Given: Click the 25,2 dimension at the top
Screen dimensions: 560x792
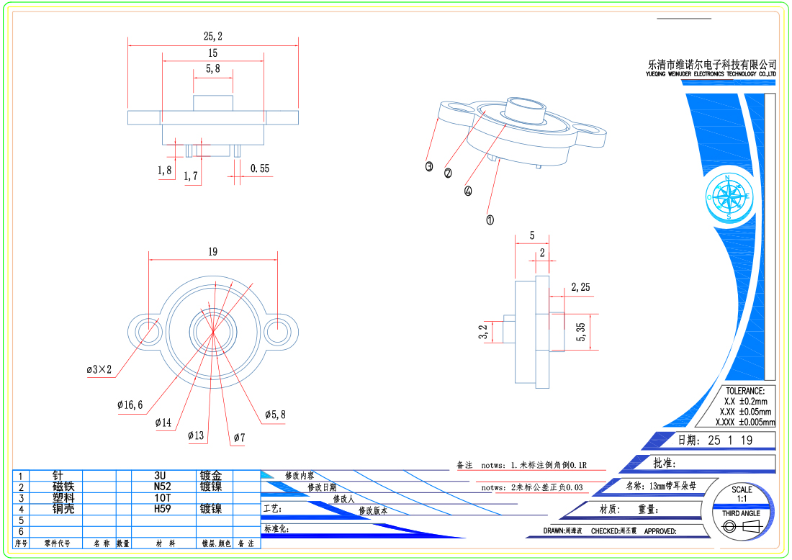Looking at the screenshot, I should (213, 36).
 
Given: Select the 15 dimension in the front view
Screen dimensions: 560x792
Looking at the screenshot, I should (212, 53).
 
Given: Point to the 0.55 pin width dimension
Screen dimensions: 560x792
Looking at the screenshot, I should (260, 168).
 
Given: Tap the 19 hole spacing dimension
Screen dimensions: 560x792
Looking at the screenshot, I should (212, 252).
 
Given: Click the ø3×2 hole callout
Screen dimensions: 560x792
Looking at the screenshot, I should (99, 370).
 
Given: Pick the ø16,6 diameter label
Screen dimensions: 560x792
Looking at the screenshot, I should (130, 405).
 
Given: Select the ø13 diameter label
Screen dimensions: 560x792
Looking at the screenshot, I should (196, 435).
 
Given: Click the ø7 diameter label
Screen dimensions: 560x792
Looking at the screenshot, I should (240, 437).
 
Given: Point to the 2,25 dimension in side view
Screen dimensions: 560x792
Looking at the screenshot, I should (580, 287).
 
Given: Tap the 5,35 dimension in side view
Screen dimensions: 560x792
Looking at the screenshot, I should (581, 332).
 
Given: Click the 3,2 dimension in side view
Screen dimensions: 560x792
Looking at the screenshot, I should (483, 332).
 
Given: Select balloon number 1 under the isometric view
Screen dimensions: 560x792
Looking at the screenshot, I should (490, 220).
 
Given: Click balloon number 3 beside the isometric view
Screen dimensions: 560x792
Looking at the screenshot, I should (429, 166).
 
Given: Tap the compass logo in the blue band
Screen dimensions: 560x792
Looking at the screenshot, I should (729, 196).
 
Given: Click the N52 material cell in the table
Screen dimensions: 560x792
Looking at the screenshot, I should (160, 487).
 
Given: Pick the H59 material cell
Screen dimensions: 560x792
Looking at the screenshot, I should (160, 509).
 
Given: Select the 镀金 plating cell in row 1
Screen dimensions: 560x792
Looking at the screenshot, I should (211, 476).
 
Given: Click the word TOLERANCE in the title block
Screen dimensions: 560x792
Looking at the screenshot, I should (745, 391).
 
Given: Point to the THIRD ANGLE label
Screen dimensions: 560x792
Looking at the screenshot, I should (741, 513).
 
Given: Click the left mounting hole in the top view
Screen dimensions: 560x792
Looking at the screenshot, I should (148, 331).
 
